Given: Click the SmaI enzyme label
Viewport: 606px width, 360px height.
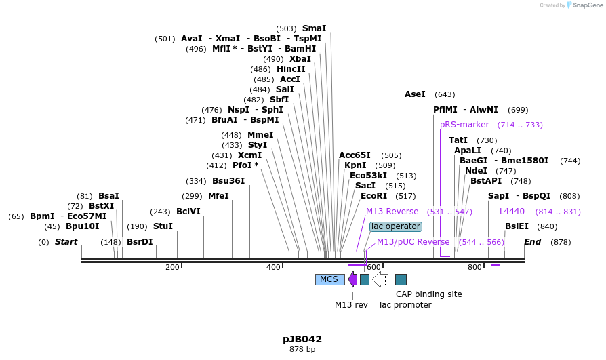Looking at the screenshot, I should (314, 28).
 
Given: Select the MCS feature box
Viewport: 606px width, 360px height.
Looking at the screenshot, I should (329, 279).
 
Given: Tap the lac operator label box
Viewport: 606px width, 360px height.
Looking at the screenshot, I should (395, 226).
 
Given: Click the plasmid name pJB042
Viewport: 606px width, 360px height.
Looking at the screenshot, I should (302, 339).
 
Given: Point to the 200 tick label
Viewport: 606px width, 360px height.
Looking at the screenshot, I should (172, 268).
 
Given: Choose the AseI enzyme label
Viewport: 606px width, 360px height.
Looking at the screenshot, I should (415, 94).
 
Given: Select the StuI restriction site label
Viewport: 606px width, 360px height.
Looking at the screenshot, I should (163, 226).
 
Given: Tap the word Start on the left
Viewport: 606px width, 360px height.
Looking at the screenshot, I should (66, 242).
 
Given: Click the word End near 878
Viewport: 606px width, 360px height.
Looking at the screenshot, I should (533, 242).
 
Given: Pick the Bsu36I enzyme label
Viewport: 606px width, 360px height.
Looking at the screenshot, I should (228, 181).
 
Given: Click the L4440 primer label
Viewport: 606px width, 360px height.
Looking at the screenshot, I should (512, 212).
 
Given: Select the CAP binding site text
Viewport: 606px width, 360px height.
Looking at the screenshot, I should (428, 294).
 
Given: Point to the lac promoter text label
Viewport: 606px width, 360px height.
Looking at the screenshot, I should (405, 305).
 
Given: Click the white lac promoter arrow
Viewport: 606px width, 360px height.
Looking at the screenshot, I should (380, 279).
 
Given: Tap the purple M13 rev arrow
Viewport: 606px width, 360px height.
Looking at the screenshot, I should (352, 279).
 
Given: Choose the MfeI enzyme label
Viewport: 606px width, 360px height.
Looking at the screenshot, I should (218, 196).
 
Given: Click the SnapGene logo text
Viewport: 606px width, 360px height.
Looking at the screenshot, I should (586, 5).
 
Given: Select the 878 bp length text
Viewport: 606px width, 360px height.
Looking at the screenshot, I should (302, 350).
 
